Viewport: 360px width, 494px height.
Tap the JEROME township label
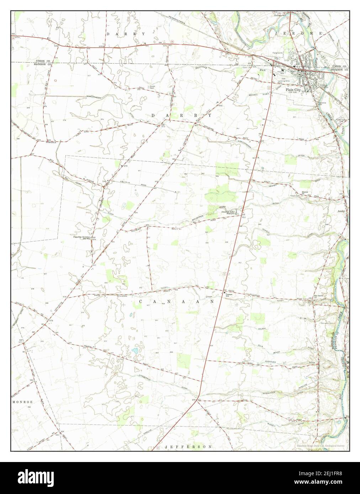pos(299,33)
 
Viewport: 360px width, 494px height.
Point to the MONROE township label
pos(23,402)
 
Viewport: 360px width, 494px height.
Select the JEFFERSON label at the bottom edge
pos(189,446)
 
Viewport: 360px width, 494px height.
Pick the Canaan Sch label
pos(229,295)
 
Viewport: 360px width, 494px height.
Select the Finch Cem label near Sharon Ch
pos(295,196)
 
